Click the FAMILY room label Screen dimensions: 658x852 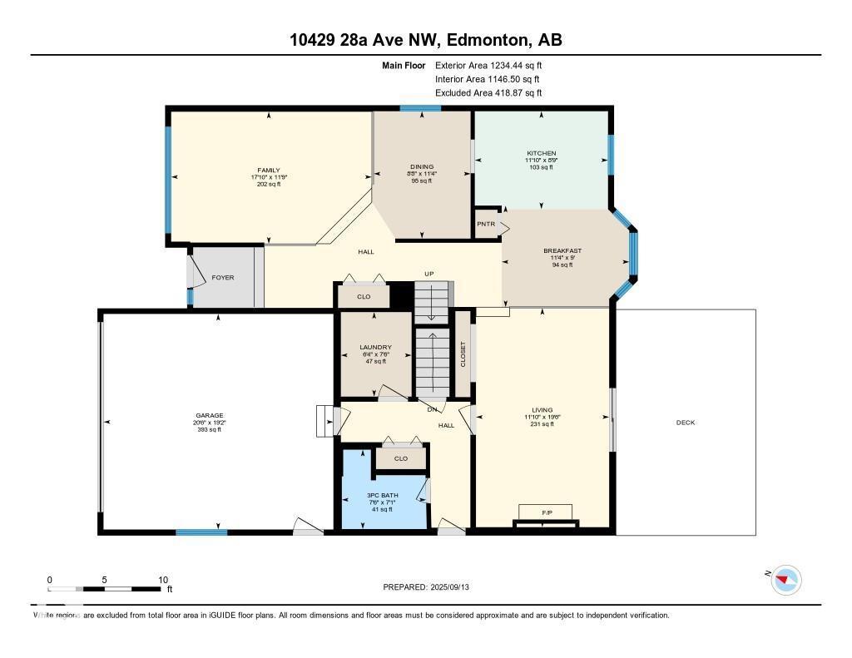click(268, 170)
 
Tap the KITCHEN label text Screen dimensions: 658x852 click(541, 153)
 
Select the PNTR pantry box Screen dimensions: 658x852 click(486, 225)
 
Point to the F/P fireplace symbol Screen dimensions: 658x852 click(547, 511)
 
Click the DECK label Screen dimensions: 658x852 click(685, 423)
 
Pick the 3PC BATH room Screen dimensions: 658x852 click(384, 495)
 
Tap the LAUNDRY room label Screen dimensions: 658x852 click(375, 348)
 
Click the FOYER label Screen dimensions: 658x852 click(222, 278)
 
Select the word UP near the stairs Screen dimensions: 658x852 click(429, 275)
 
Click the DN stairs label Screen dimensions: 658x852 click(433, 408)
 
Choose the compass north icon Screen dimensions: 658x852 click(785, 580)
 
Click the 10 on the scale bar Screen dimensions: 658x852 click(163, 580)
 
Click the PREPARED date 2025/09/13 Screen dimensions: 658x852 click(456, 587)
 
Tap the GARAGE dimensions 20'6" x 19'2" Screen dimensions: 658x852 click(210, 423)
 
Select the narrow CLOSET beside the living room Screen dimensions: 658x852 click(463, 354)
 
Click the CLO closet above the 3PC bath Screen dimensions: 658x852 click(401, 458)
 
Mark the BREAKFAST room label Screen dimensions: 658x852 click(562, 250)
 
